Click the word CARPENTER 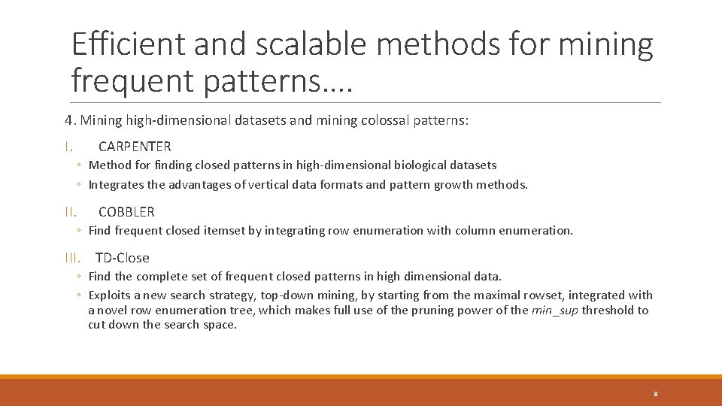click(x=135, y=147)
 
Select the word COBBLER click(x=126, y=212)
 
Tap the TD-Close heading click(x=122, y=258)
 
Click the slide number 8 click(x=656, y=394)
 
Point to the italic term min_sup click(x=555, y=310)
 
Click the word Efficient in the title click(x=128, y=46)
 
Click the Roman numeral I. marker click(x=68, y=147)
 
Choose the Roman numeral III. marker click(x=73, y=258)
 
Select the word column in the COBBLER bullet click(x=465, y=231)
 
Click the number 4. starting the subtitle click(x=70, y=120)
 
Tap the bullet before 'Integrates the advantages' click(x=79, y=185)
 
